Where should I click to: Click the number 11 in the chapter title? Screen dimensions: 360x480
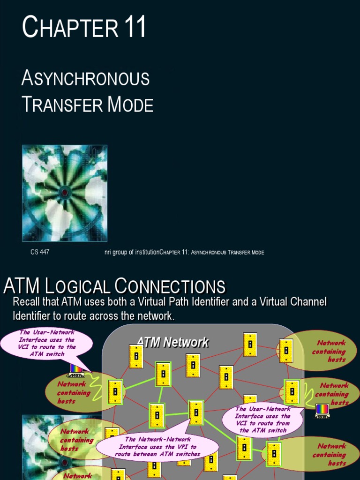[x=135, y=28]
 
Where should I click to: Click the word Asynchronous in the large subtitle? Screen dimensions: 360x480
[x=85, y=78]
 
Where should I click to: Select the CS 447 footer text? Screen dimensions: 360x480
[x=40, y=252]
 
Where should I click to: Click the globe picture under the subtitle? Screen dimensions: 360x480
[x=65, y=193]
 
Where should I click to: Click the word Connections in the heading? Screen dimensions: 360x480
[x=170, y=286]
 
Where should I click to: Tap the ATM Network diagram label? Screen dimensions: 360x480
[x=172, y=343]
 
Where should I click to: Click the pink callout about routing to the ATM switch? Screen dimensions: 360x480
[x=47, y=343]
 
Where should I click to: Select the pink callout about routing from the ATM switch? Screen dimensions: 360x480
[x=262, y=419]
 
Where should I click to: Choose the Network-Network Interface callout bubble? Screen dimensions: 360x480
[x=157, y=447]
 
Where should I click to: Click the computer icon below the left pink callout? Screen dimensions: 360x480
[x=76, y=370]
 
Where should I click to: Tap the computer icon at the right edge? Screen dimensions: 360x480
[x=322, y=410]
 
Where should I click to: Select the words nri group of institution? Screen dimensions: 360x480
[x=132, y=252]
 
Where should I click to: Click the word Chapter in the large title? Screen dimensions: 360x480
[x=70, y=28]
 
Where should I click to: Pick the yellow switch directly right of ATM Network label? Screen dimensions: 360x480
[x=250, y=345]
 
